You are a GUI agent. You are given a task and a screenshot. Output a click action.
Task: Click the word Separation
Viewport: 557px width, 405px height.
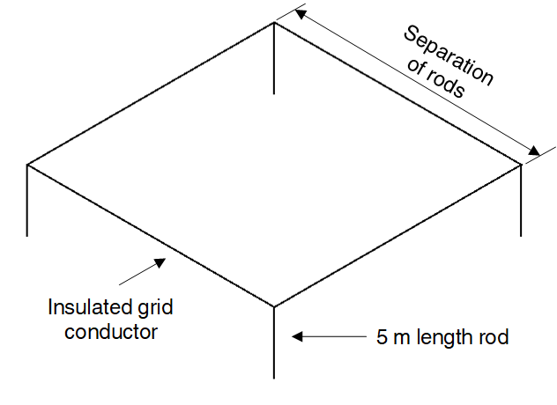click(x=449, y=55)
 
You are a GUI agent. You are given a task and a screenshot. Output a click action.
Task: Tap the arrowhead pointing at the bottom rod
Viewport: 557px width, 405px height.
click(x=298, y=336)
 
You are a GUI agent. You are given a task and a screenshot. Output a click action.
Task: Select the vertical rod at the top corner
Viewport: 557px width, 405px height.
click(x=274, y=58)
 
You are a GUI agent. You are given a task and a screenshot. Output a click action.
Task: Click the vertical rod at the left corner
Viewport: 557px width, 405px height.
click(x=27, y=200)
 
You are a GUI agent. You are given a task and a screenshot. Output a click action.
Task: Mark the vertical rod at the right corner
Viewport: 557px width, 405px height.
click(x=522, y=200)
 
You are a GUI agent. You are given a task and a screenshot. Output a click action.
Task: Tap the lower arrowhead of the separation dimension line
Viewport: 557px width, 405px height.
click(x=534, y=152)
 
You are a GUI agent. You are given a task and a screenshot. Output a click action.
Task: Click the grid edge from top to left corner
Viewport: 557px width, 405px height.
click(x=151, y=93)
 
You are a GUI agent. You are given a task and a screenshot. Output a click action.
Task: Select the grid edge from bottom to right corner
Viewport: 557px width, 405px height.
click(x=397, y=235)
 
